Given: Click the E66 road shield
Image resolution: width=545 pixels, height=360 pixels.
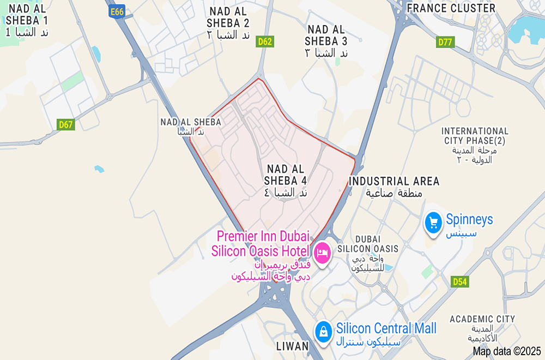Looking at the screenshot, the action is pyautogui.click(x=117, y=11).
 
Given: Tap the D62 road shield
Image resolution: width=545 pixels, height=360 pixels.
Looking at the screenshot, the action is pyautogui.click(x=265, y=41).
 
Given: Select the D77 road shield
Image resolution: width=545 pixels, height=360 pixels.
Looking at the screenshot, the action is pyautogui.click(x=445, y=41).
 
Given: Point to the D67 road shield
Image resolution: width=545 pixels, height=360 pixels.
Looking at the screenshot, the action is pyautogui.click(x=66, y=125).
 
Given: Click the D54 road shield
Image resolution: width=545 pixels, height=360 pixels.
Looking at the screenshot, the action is pyautogui.click(x=460, y=281).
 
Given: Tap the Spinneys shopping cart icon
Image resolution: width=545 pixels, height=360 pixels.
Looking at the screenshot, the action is pyautogui.click(x=434, y=223).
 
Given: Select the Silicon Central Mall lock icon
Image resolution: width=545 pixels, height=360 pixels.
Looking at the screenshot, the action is pyautogui.click(x=324, y=331).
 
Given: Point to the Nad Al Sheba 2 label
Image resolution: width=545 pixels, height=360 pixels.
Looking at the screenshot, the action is pyautogui.click(x=228, y=23).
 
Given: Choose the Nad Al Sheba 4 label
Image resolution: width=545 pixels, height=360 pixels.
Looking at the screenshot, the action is pyautogui.click(x=286, y=180).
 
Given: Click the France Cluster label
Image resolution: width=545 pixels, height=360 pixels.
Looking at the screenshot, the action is pyautogui.click(x=451, y=8).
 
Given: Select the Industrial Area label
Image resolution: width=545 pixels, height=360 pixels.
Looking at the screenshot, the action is pyautogui.click(x=394, y=187).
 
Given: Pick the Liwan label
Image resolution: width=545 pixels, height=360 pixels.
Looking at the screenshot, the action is pyautogui.click(x=292, y=346).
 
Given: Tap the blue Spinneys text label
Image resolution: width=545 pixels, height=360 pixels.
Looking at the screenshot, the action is pyautogui.click(x=469, y=220).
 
